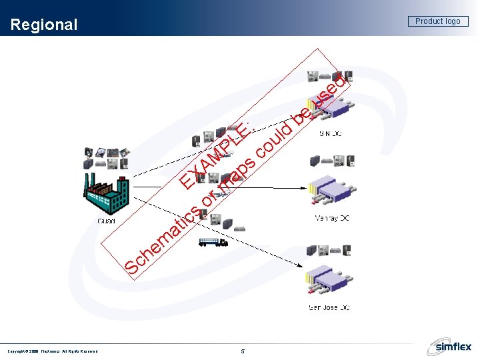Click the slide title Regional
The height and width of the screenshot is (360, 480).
[x=45, y=25]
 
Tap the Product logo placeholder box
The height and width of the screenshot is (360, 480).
[x=437, y=21]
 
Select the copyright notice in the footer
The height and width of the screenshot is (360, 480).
[x=53, y=351]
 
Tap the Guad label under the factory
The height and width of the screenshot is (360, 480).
[x=107, y=221]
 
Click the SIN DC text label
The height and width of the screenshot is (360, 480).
[x=331, y=134]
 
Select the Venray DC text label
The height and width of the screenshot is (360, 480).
[x=332, y=219]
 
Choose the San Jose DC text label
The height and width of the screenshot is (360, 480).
[x=329, y=307]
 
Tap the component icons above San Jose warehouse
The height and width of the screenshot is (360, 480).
[x=329, y=251]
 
